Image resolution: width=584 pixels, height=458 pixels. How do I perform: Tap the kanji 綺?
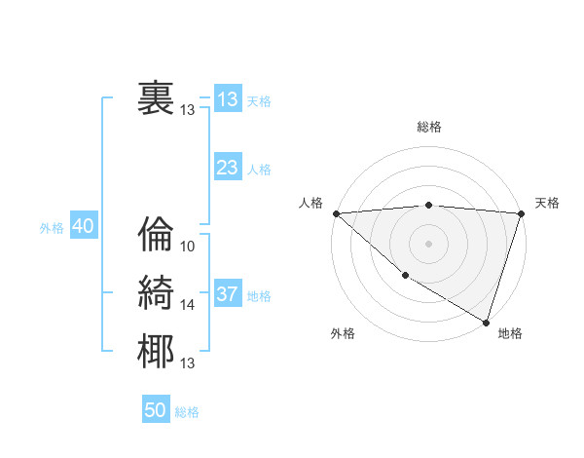(x=156, y=293)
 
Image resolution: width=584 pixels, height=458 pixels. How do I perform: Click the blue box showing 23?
(x=228, y=168)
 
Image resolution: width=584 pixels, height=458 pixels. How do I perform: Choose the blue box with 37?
(x=228, y=294)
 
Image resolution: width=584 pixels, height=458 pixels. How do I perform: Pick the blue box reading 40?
(x=83, y=226)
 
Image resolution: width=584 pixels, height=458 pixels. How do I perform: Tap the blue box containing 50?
(x=156, y=410)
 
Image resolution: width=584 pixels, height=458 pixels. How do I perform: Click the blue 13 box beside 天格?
(x=228, y=99)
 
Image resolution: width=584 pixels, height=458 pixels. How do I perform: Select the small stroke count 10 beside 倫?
(x=188, y=247)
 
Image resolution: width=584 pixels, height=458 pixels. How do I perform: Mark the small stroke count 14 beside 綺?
(x=188, y=305)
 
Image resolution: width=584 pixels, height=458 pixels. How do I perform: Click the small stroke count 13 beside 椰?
(x=188, y=363)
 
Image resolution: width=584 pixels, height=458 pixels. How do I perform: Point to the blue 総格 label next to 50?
(x=188, y=412)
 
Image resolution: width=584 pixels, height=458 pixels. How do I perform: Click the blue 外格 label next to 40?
(x=52, y=228)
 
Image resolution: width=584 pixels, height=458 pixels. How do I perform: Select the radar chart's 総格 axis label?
(x=429, y=127)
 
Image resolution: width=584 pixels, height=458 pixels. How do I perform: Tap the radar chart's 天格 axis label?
(x=547, y=203)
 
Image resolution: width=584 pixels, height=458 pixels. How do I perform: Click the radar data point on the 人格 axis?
(x=336, y=212)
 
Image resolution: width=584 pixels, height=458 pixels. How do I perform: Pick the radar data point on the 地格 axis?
(x=486, y=322)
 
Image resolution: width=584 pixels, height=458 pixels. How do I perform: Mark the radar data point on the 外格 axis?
(x=405, y=276)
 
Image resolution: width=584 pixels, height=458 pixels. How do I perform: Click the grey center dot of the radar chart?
(x=429, y=243)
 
